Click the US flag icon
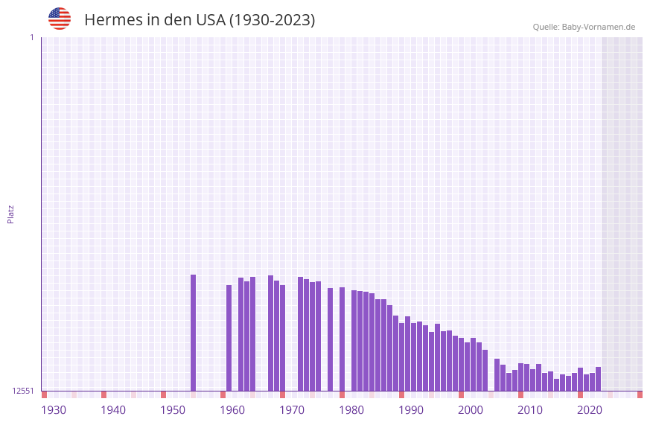click(x=60, y=19)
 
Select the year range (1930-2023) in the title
click(x=272, y=20)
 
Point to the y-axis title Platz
click(x=10, y=214)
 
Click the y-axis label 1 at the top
click(x=32, y=37)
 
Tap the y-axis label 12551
click(x=23, y=391)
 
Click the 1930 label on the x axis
click(x=54, y=410)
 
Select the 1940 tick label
click(x=113, y=410)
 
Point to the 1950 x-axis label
click(x=173, y=410)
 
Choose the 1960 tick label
click(x=232, y=410)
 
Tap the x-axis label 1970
click(x=292, y=410)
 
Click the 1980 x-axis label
click(x=351, y=410)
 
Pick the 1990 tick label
click(x=411, y=410)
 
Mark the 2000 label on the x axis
click(x=471, y=410)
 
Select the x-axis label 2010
click(x=530, y=410)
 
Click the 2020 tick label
click(x=590, y=410)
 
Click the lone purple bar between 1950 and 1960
click(x=193, y=333)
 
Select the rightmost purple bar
click(x=598, y=379)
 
